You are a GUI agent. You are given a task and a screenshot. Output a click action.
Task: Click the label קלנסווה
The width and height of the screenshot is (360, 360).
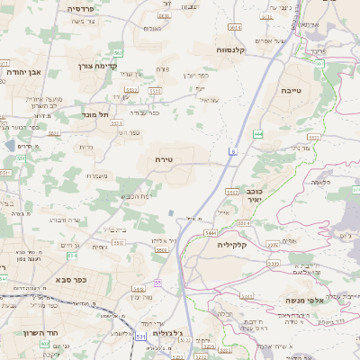(256, 51)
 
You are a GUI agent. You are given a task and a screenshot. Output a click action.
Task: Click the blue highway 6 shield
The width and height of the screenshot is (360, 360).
(231, 154)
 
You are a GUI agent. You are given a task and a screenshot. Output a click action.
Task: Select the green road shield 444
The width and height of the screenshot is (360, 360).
(258, 132)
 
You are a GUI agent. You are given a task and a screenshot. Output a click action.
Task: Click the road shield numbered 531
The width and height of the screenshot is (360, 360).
(139, 336)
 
